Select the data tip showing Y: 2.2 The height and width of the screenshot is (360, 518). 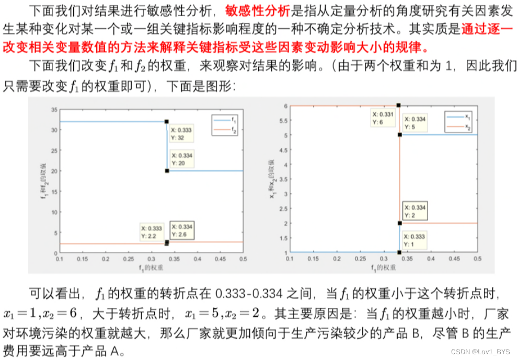152,231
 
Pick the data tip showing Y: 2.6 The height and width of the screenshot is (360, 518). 181,230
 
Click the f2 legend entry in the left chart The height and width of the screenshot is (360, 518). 224,128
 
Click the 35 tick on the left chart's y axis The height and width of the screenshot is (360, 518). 54,110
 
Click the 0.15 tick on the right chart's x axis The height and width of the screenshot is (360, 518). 313,259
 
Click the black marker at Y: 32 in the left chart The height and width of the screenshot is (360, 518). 167,122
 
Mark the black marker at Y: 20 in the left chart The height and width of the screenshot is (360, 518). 167,171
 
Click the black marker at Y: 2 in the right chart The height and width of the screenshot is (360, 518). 399,223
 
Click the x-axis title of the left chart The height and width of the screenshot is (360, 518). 152,266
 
